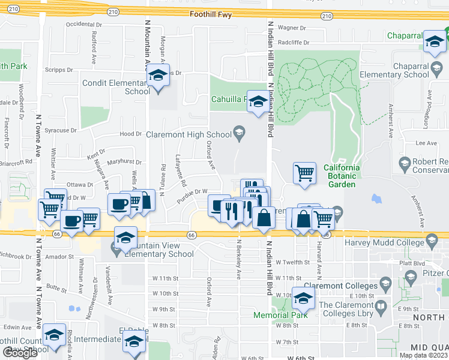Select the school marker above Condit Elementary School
click(x=158, y=76)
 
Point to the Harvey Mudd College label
click(x=383, y=242)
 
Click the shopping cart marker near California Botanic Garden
click(x=304, y=173)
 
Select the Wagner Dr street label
click(x=292, y=28)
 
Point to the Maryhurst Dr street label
click(x=124, y=162)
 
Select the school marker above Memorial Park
click(x=304, y=298)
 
